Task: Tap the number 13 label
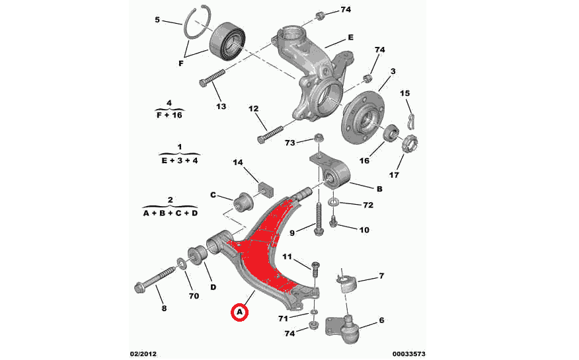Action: [x=221, y=106]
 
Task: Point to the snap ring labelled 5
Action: [x=196, y=25]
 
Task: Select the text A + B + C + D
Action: [x=171, y=213]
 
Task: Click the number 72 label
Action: [x=367, y=205]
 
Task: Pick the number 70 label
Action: [x=194, y=296]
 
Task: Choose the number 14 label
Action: [x=238, y=162]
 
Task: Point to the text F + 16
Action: [x=170, y=114]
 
